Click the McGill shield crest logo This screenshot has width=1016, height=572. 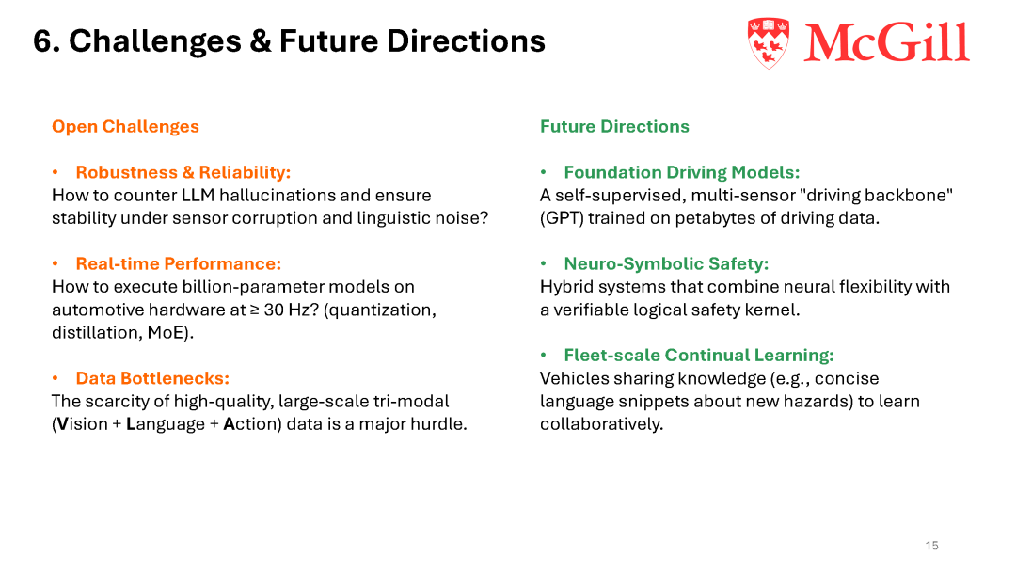(x=769, y=42)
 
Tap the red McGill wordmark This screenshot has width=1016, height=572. (x=886, y=42)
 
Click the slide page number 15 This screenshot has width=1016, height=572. (x=931, y=546)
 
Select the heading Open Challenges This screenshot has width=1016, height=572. (x=126, y=126)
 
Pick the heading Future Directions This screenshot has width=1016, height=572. (x=614, y=126)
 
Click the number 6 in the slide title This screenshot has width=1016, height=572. (x=42, y=41)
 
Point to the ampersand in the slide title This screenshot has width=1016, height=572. (x=260, y=41)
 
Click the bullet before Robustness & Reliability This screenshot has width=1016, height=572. (x=56, y=172)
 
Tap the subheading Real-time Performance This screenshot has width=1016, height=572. (x=178, y=263)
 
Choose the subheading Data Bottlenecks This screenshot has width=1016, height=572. (x=152, y=378)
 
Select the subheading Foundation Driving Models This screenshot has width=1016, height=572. (x=682, y=172)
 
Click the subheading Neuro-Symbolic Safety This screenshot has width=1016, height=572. (x=666, y=263)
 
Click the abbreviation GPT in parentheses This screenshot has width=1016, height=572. (x=562, y=218)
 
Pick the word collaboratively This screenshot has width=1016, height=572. (x=601, y=424)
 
